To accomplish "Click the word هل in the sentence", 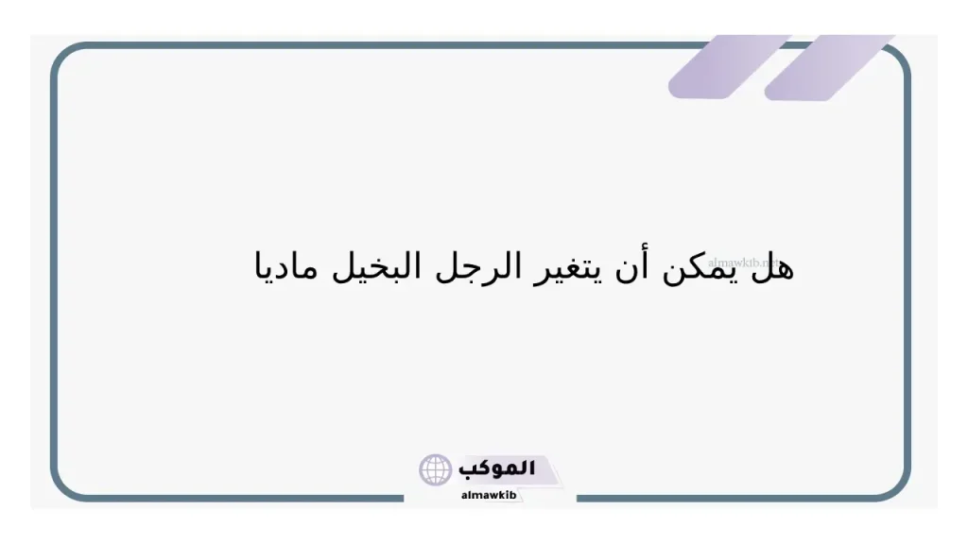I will coord(773,266).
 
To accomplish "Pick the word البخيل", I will coord(420,266).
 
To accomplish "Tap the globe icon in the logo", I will coord(436,469).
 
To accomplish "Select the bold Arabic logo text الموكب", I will coord(497,468).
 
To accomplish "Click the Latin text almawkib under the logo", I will coord(488,495).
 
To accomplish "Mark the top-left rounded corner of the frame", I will coord(63,56).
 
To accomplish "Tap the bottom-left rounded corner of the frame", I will coord(63,487).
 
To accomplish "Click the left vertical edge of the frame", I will coord(53,274).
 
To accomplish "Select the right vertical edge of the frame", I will coord(908,274).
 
